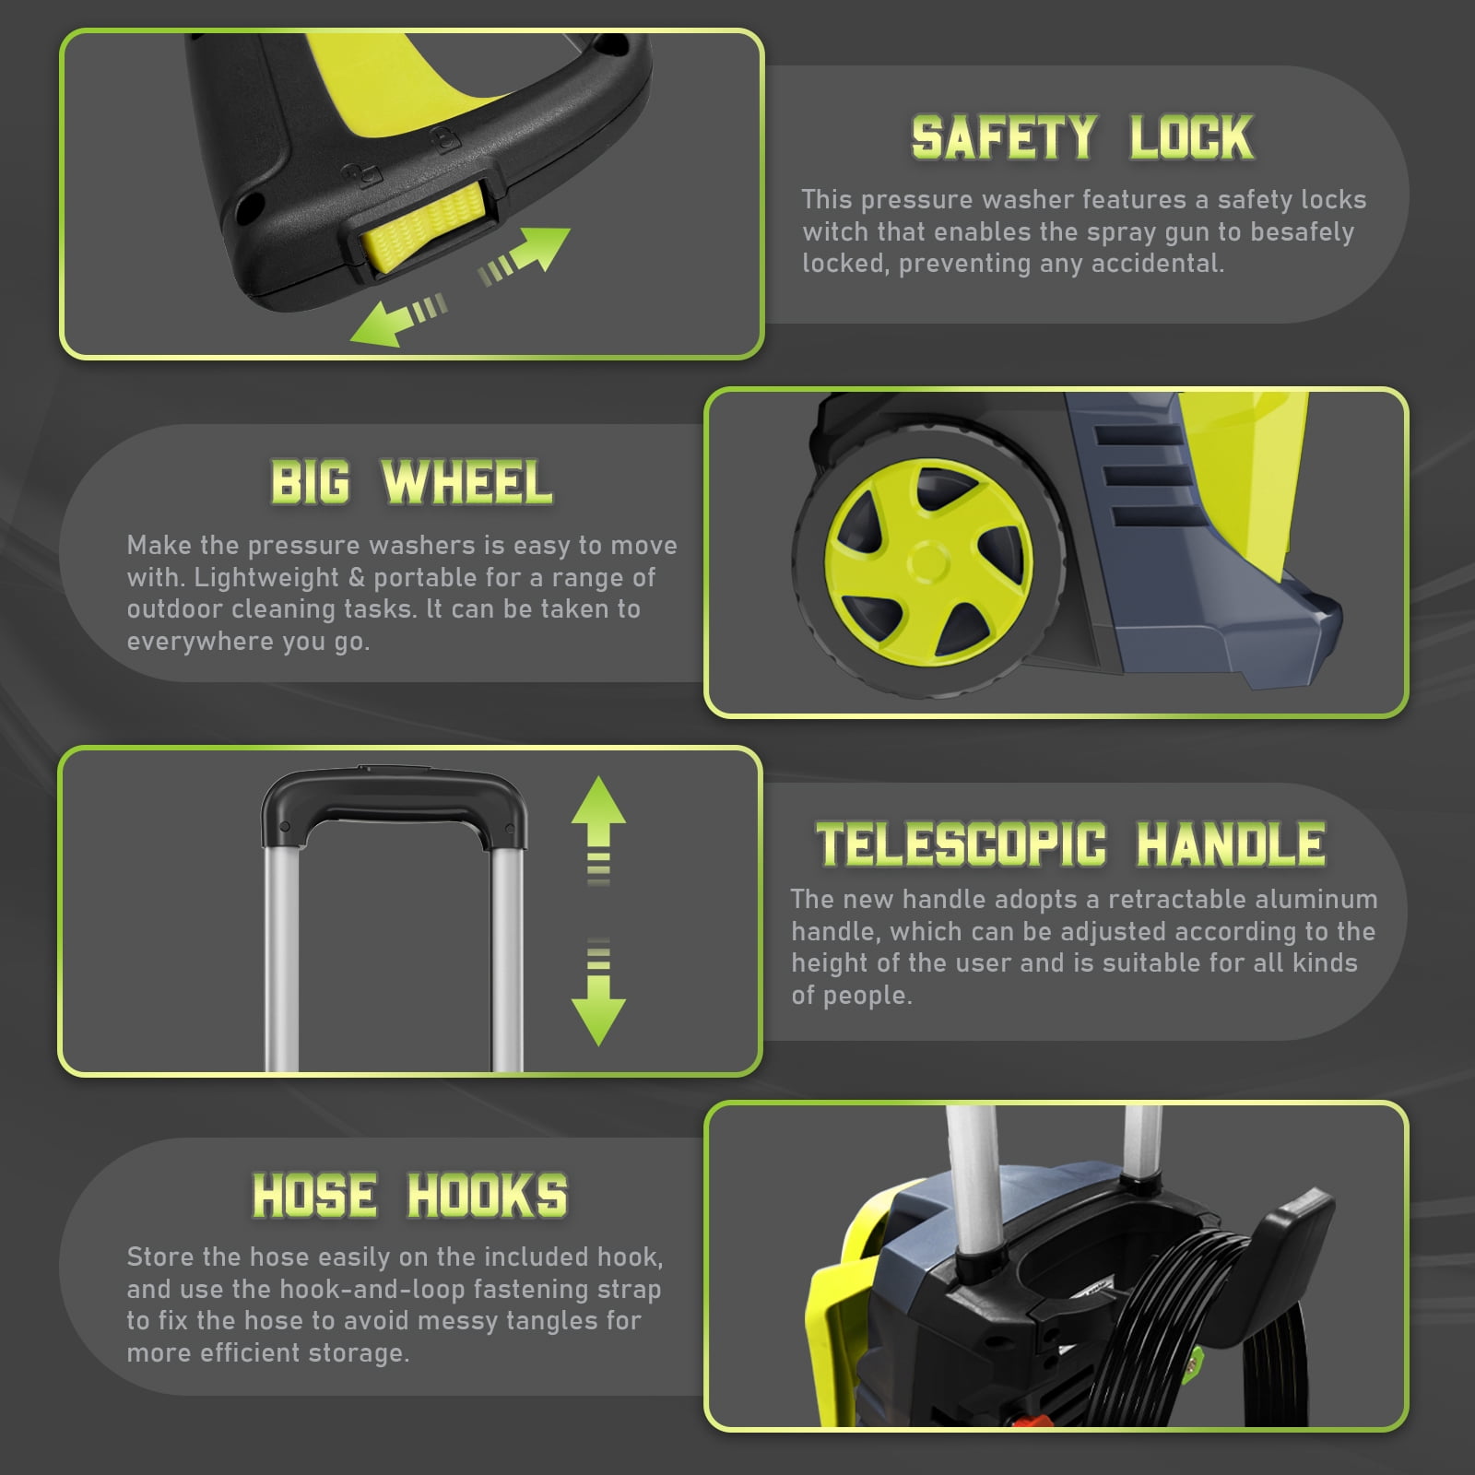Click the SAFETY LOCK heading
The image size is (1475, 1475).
[1082, 138]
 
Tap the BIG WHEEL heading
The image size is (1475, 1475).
[411, 483]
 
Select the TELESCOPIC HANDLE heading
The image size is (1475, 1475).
[1070, 844]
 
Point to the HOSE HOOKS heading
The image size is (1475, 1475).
[410, 1196]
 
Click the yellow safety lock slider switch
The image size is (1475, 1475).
[424, 227]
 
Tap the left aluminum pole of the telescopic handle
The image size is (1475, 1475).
[282, 959]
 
